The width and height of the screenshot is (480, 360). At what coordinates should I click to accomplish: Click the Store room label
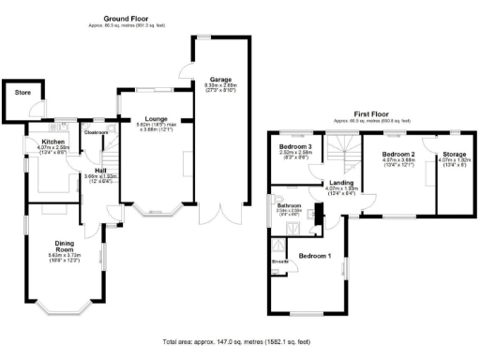click(x=19, y=95)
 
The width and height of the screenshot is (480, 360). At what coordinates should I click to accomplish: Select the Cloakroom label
click(x=97, y=132)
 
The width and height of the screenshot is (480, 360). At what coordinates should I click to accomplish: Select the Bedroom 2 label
click(x=398, y=152)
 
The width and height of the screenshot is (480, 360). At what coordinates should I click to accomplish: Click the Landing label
click(x=340, y=184)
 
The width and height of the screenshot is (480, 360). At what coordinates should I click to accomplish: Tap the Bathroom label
click(x=287, y=205)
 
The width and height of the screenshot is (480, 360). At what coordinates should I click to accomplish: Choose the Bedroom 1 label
click(x=315, y=255)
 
